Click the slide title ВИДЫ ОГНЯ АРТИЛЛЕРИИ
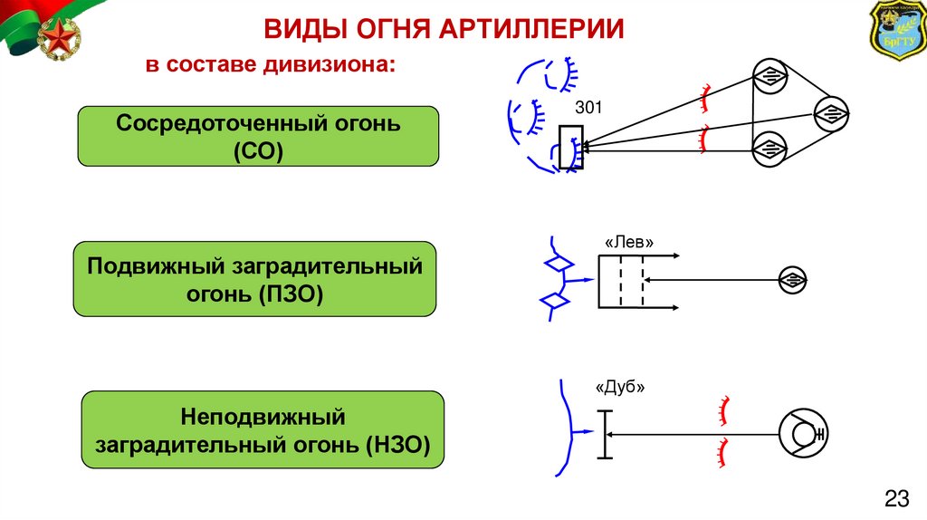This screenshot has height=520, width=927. point(444,28)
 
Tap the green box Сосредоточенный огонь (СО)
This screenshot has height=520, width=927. point(258,136)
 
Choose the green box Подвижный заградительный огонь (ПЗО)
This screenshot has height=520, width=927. point(254,279)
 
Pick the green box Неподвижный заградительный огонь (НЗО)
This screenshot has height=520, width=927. point(263,430)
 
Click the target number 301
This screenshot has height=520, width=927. point(589,109)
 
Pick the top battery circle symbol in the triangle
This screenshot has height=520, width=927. point(769,76)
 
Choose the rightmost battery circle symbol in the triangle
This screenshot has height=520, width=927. point(830,113)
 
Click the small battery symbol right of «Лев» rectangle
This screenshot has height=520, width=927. point(793,281)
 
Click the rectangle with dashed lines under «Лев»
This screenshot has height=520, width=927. point(622,281)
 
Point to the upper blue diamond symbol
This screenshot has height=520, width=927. point(556,265)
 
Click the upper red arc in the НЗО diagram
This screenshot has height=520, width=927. point(722,409)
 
